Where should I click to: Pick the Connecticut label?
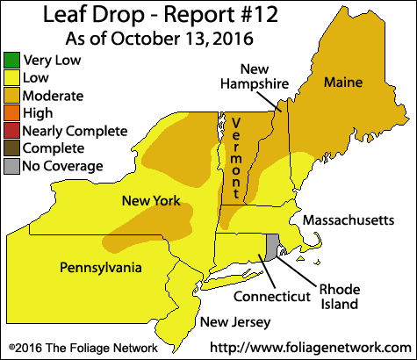(x=272, y=297)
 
